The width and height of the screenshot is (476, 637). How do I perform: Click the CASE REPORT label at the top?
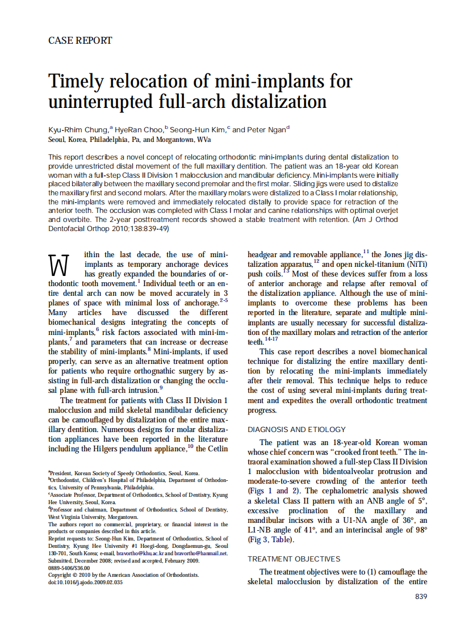[80, 40]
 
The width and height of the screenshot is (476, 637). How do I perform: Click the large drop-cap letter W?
[59, 265]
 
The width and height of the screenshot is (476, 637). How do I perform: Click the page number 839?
[420, 596]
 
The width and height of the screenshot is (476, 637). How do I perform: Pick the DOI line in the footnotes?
[85, 582]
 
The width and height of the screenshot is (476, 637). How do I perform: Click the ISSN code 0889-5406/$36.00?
[69, 568]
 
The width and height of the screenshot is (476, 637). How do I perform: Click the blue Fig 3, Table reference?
[270, 539]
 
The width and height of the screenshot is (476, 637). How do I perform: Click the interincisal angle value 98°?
[420, 530]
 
